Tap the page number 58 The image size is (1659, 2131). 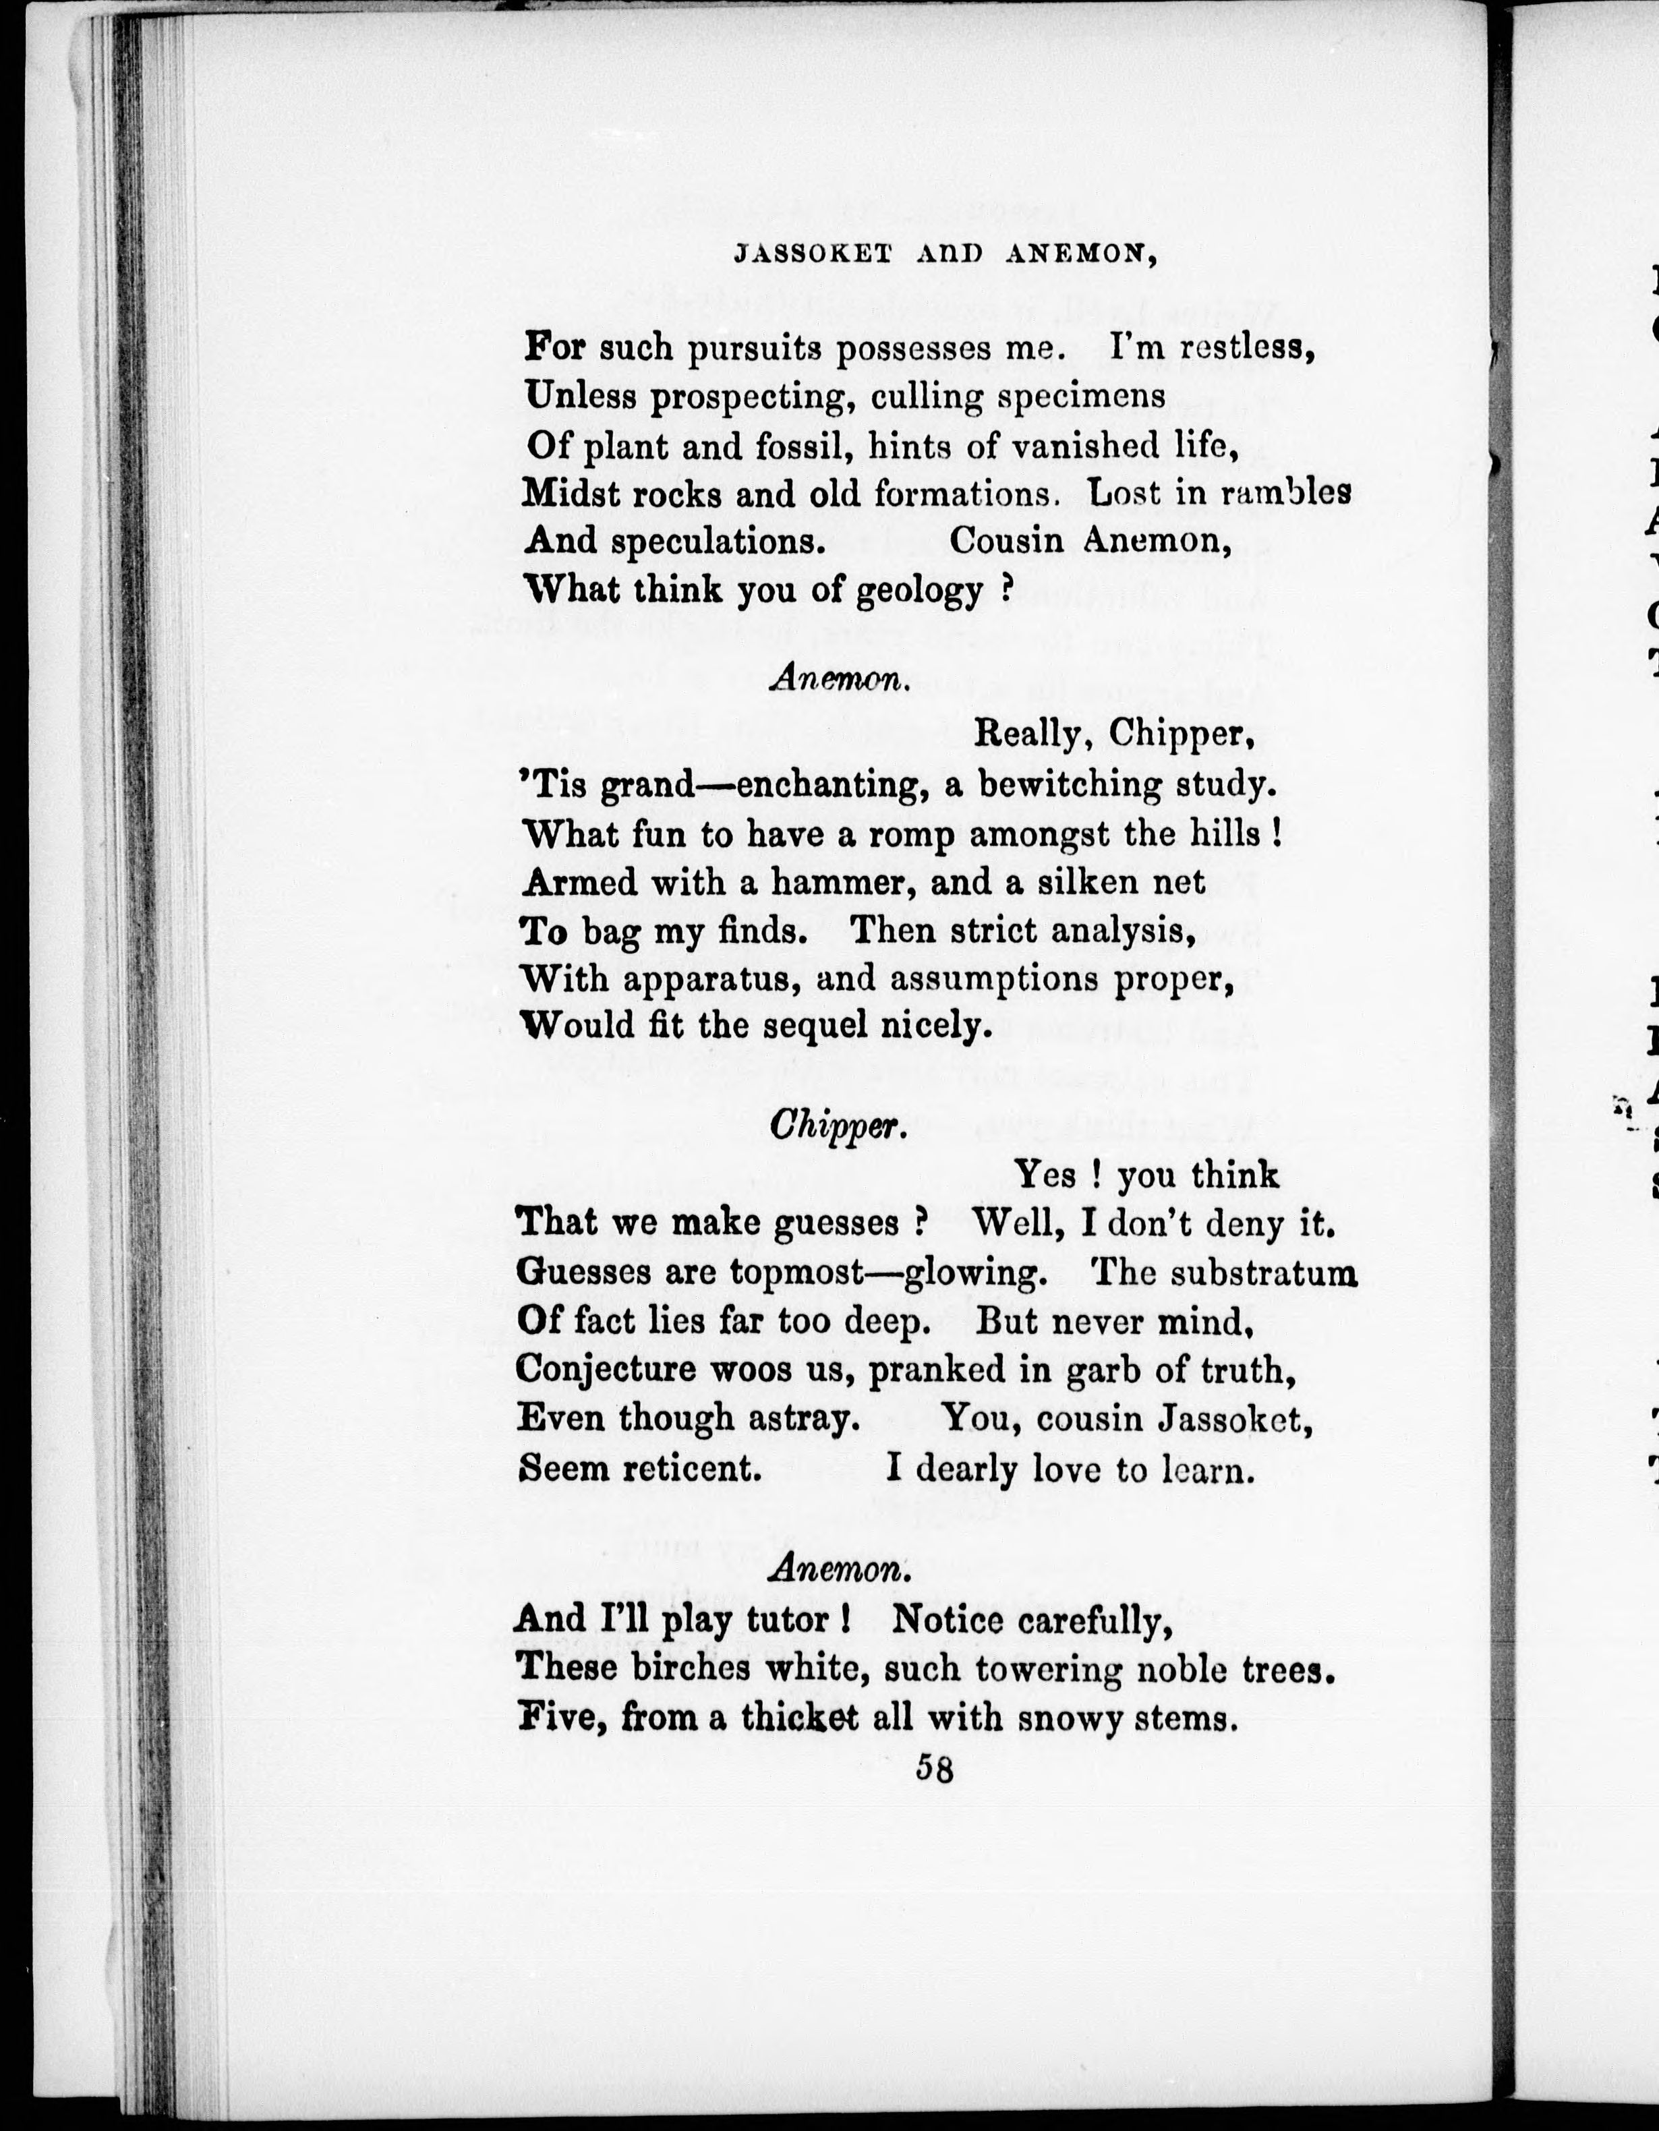934,1769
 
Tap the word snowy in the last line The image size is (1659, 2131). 1070,1718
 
